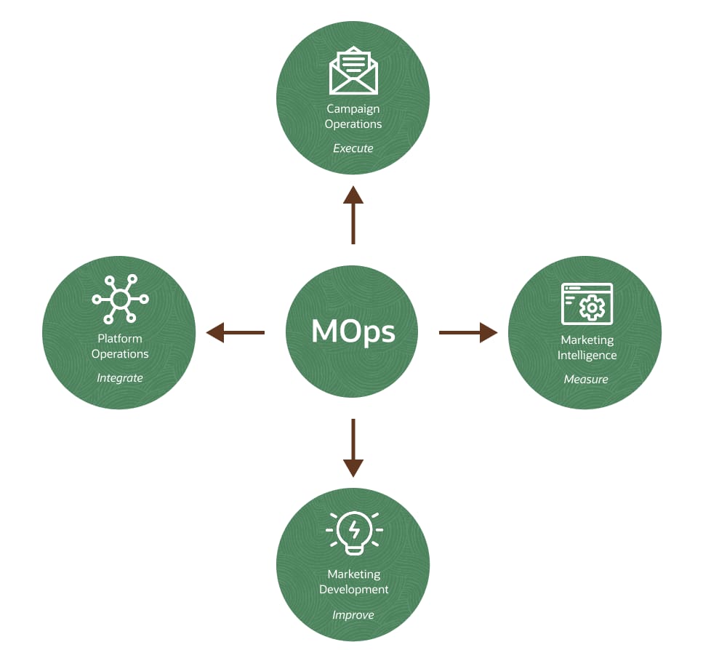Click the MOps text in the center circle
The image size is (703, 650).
click(x=353, y=332)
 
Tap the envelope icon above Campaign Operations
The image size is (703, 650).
click(x=353, y=71)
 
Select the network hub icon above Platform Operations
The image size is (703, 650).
click(x=120, y=299)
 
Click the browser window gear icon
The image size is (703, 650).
click(x=587, y=303)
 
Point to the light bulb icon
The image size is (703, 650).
click(x=354, y=530)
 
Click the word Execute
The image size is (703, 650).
click(x=353, y=148)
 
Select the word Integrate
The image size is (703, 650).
click(x=120, y=378)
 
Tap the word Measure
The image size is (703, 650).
click(x=586, y=380)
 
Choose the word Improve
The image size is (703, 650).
click(x=353, y=615)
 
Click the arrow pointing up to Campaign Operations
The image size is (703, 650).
click(x=353, y=214)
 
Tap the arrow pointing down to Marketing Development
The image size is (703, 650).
click(x=353, y=448)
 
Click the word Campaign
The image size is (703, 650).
click(x=353, y=109)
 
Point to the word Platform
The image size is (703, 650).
click(x=120, y=339)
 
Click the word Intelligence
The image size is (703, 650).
click(x=587, y=356)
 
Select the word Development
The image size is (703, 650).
click(x=354, y=590)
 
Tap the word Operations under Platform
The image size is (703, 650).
click(x=120, y=354)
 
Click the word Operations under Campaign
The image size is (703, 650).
click(x=353, y=124)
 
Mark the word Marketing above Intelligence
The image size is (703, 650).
click(x=587, y=340)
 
